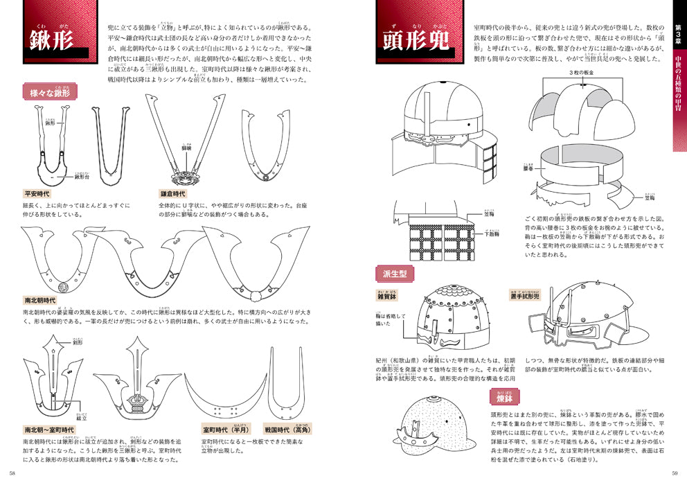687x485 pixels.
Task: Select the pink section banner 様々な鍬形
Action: coord(51,91)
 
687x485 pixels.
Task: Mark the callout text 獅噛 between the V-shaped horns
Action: coord(186,148)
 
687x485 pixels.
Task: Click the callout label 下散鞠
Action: coord(491,234)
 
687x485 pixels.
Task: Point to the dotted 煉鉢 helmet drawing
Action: coord(429,425)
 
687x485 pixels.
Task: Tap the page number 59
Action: coord(675,474)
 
